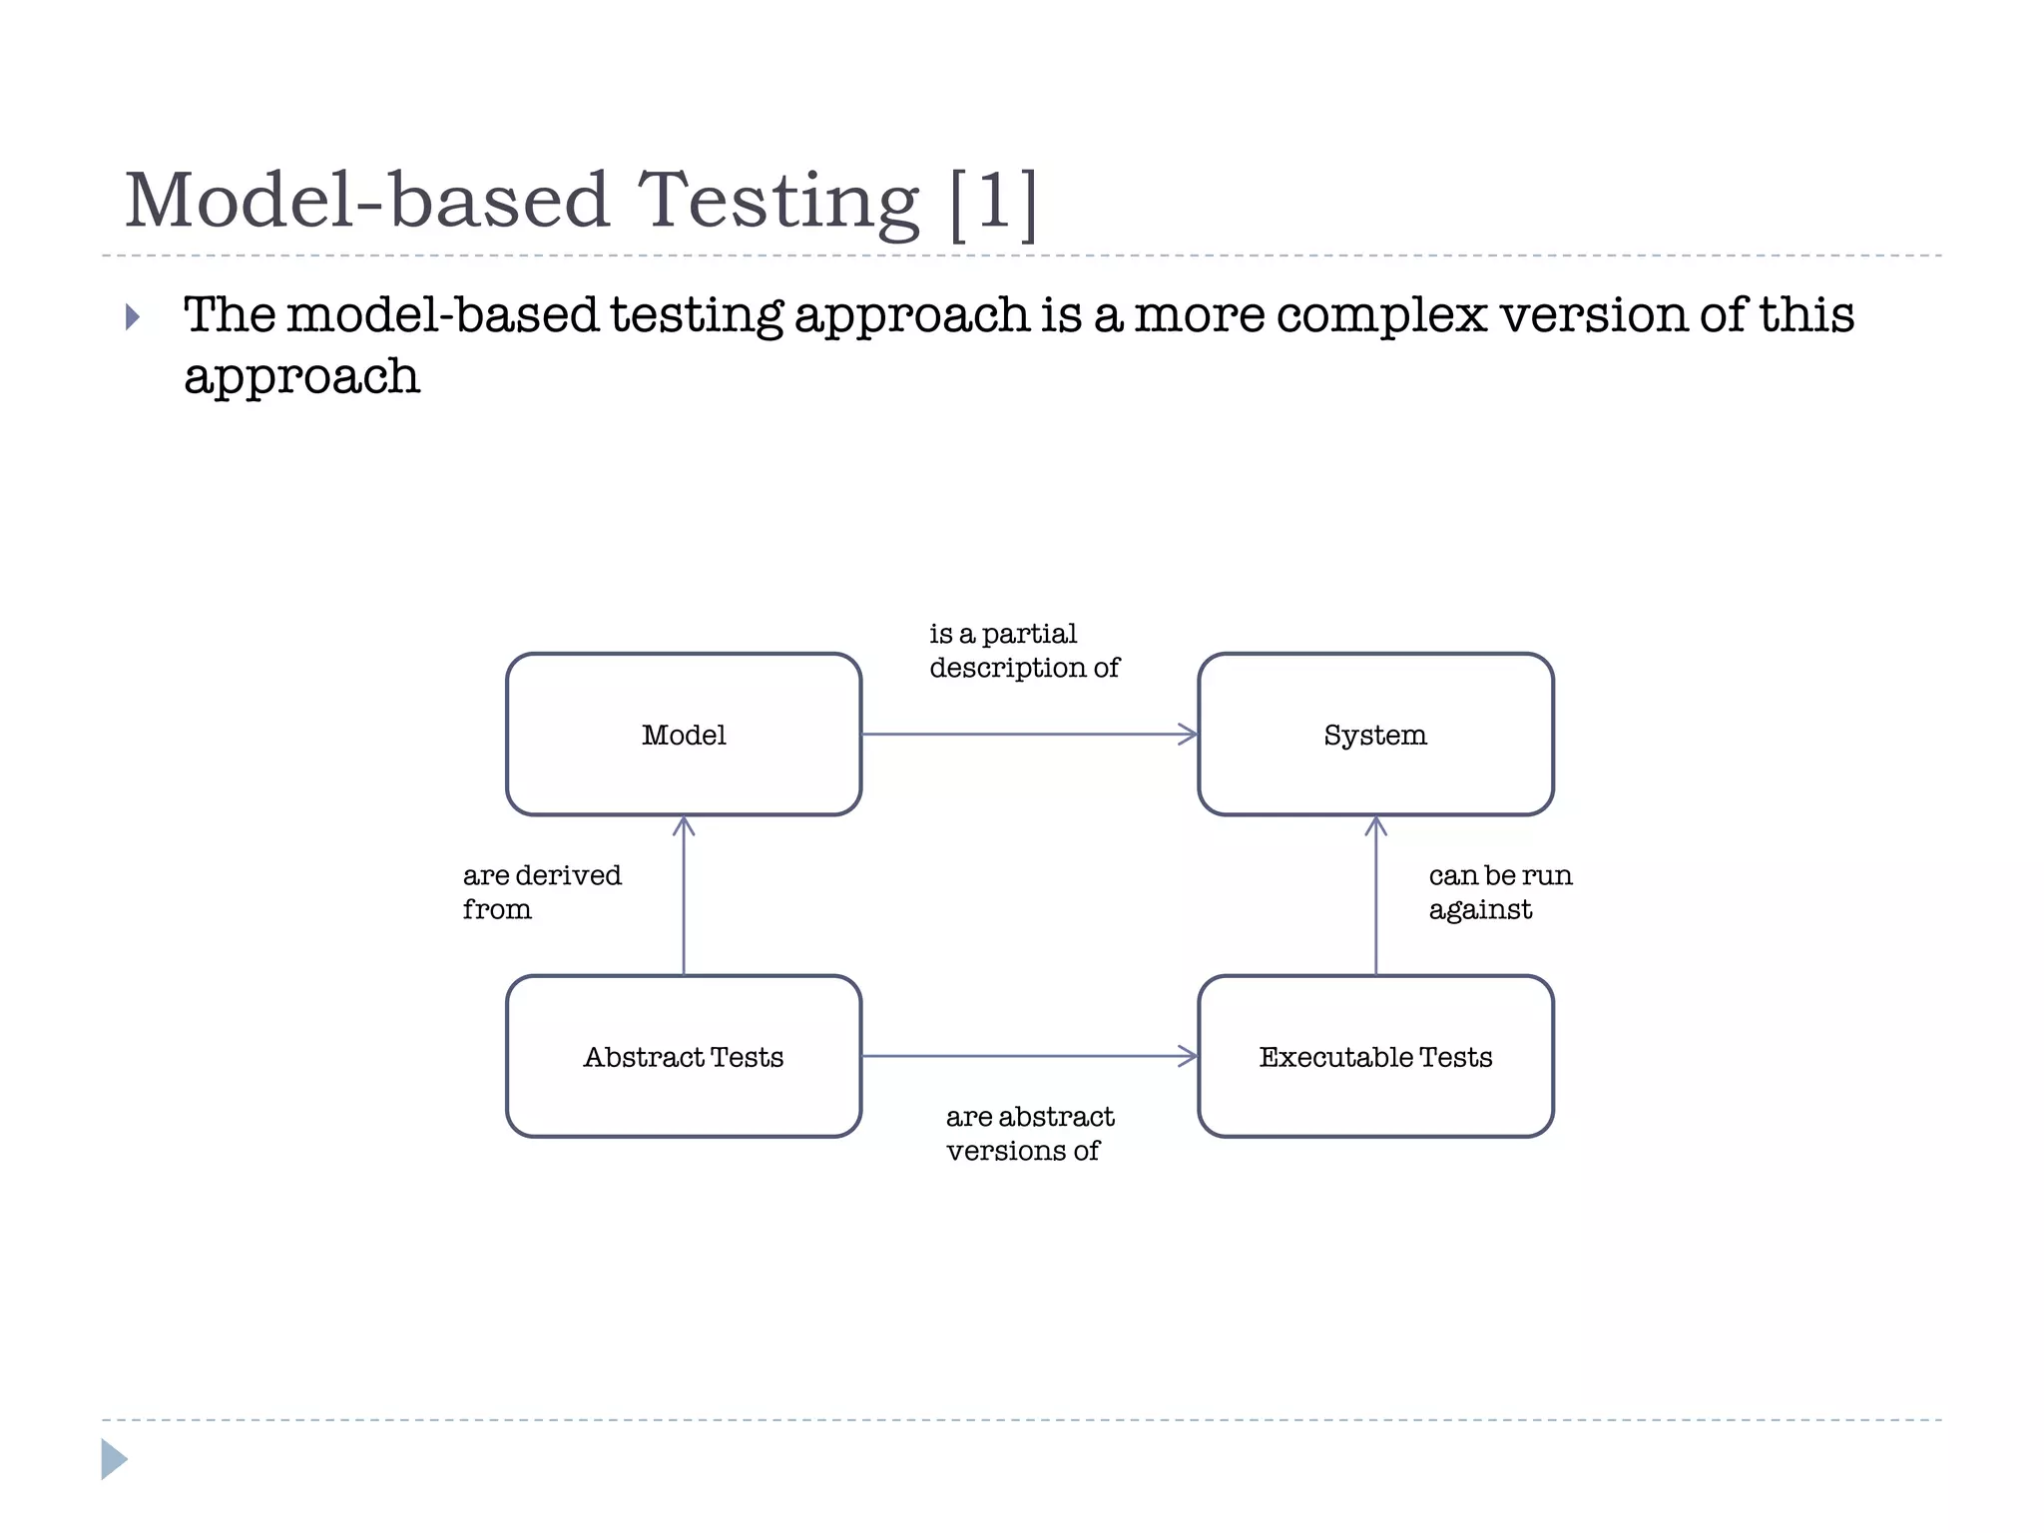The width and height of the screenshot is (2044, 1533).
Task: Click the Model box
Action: (684, 735)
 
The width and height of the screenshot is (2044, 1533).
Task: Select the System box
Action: (1375, 735)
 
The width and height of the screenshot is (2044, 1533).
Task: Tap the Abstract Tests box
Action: (684, 1056)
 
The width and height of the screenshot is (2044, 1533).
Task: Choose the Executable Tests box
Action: (1375, 1056)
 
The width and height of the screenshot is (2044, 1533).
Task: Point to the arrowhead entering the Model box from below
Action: (684, 824)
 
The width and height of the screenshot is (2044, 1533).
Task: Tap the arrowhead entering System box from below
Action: (1375, 824)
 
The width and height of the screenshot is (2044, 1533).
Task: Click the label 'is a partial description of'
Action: (1023, 650)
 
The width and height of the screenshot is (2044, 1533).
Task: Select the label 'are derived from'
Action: (541, 891)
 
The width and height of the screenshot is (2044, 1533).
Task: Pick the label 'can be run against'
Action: (1499, 891)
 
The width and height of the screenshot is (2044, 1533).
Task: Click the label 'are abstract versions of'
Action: (1029, 1133)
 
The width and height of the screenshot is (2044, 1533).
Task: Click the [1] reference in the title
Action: (993, 202)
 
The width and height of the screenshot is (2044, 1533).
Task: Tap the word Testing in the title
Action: (777, 202)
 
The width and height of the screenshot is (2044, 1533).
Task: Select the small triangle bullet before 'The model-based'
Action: (133, 317)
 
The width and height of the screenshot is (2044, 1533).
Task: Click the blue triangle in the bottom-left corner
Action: (114, 1459)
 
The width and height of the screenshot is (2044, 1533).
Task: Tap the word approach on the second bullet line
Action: (301, 377)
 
